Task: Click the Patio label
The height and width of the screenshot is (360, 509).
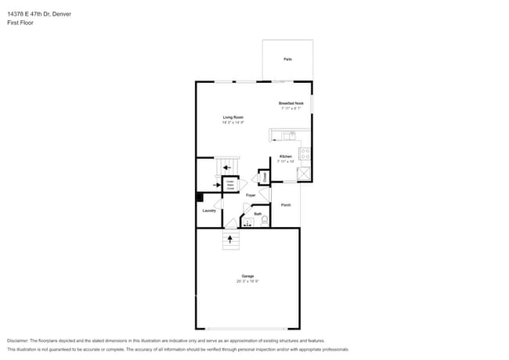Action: pos(287,59)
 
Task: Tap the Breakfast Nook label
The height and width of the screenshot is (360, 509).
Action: pos(291,103)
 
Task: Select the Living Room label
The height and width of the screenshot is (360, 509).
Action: pos(233,117)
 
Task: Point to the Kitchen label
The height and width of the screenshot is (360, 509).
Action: pos(286,157)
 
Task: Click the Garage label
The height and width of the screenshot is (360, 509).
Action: pos(247,275)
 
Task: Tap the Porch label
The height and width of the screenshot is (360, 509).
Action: pos(286,205)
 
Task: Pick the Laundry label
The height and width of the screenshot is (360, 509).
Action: pos(209,211)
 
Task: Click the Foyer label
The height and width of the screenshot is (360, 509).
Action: pos(251,195)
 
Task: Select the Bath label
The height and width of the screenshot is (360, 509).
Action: pos(257,213)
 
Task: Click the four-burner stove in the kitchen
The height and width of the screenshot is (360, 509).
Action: pos(305,153)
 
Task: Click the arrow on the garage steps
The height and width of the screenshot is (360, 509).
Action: pos(230,239)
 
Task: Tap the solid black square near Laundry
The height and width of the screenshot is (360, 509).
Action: pos(200,197)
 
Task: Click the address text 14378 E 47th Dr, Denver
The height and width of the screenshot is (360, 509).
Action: pos(39,13)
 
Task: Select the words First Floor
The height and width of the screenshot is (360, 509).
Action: pos(20,23)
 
